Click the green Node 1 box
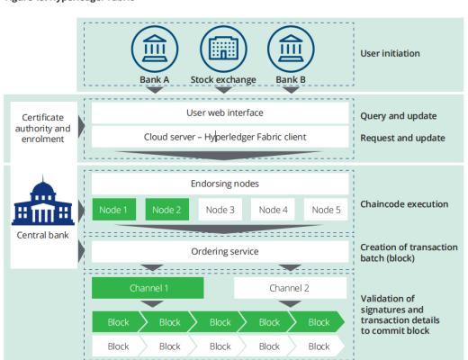click(x=112, y=210)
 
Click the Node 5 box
click(x=325, y=210)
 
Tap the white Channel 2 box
click(x=292, y=289)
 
